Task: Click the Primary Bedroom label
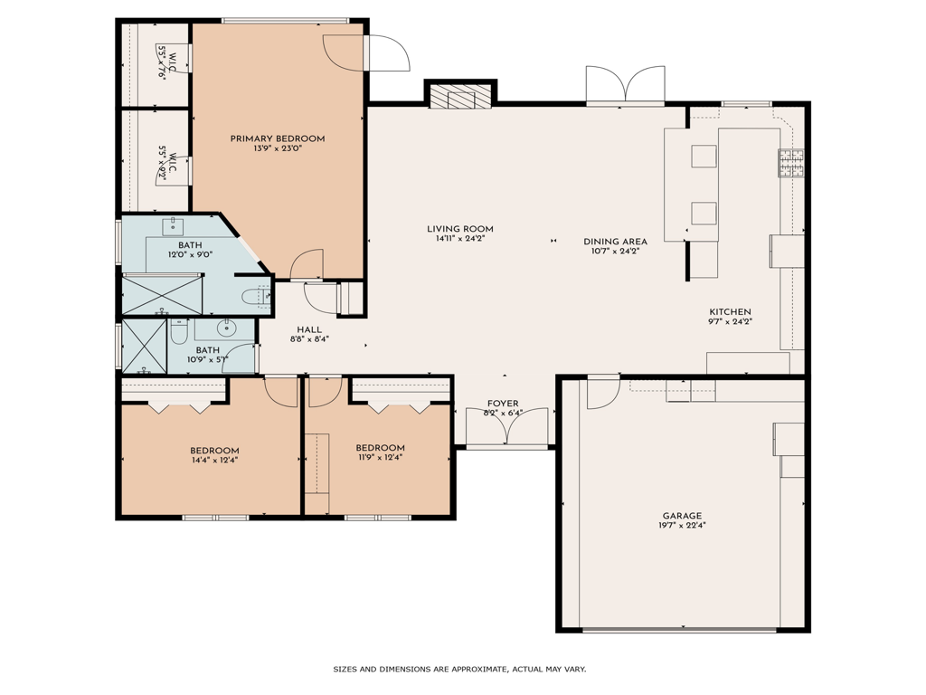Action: click(278, 138)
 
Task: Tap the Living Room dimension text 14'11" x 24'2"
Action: click(460, 239)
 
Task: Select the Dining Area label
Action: click(615, 241)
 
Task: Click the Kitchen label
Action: click(730, 312)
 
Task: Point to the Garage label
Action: click(682, 515)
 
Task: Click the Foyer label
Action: click(503, 403)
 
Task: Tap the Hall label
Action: click(309, 329)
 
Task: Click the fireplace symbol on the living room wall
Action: click(460, 96)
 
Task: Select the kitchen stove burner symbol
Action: click(791, 163)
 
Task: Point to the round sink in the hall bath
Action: click(225, 326)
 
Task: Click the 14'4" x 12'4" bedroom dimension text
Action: click(214, 460)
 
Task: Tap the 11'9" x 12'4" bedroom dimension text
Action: click(380, 457)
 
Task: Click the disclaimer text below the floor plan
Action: click(459, 670)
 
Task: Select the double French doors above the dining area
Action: click(626, 86)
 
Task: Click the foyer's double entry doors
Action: click(506, 427)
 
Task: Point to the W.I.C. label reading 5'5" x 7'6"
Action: click(166, 62)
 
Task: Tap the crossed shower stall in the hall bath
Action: click(144, 346)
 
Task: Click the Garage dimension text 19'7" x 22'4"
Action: click(682, 525)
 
